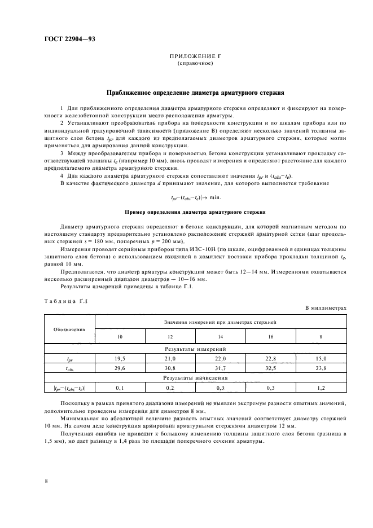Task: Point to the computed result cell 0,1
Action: point(119,388)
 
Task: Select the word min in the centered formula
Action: point(215,197)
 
